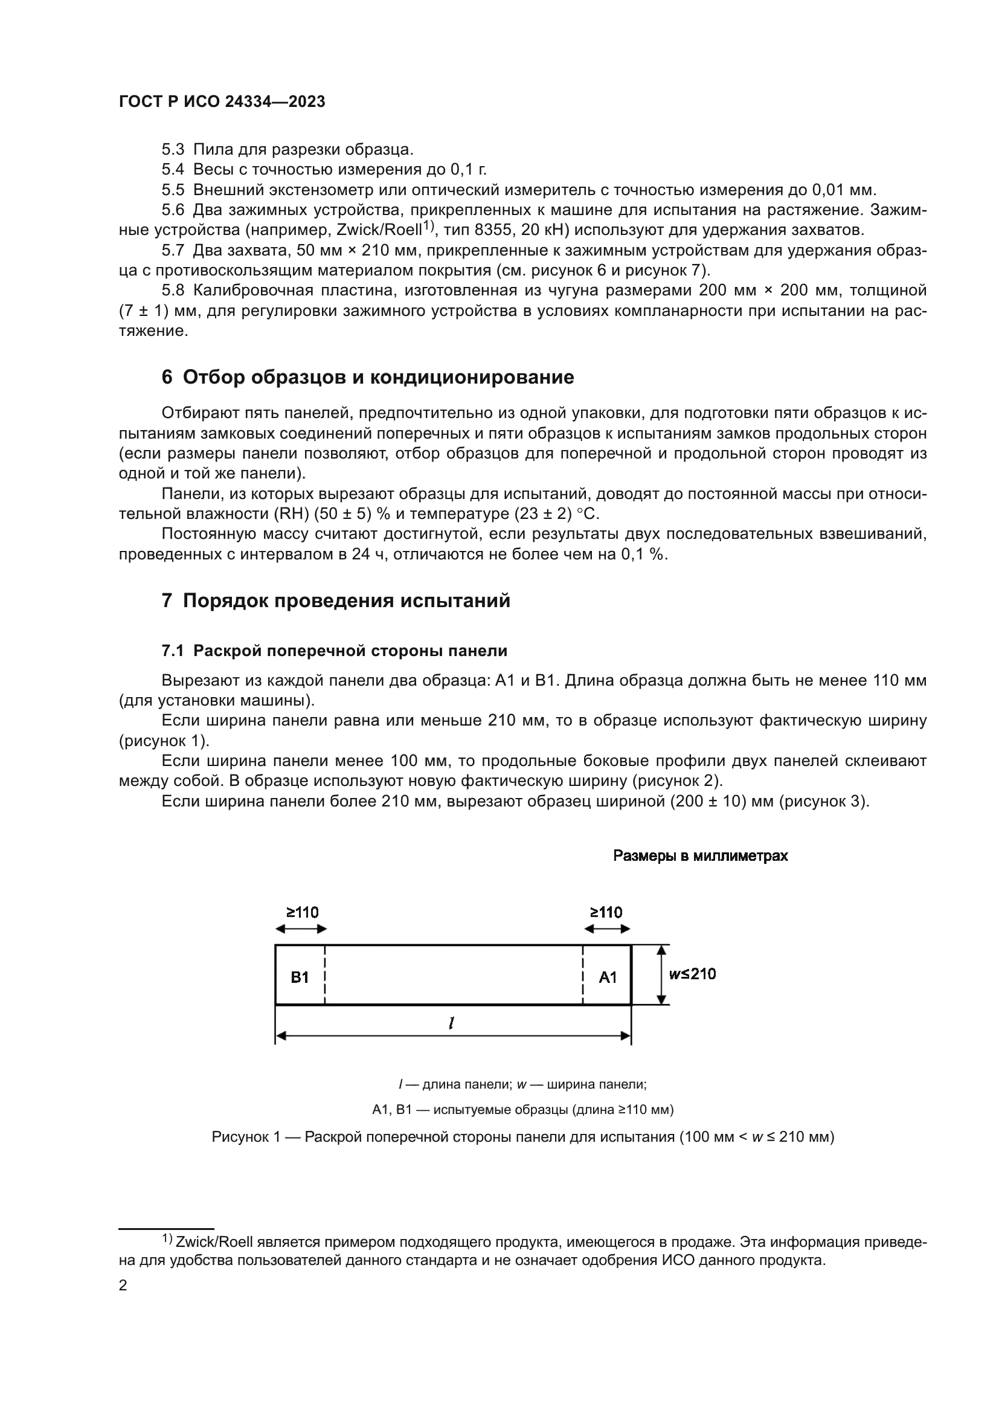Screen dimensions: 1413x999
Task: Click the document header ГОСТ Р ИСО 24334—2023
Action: (x=222, y=102)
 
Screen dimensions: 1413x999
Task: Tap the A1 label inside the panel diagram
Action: (x=608, y=978)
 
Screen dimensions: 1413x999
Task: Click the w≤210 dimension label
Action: (x=693, y=974)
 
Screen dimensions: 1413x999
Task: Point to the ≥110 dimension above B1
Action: (x=302, y=913)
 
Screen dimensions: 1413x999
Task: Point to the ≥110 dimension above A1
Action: (x=606, y=913)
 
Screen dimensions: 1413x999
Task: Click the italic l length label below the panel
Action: (x=452, y=1023)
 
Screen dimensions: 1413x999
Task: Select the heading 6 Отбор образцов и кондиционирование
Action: (x=368, y=377)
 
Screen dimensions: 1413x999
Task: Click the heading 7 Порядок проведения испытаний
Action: (x=336, y=600)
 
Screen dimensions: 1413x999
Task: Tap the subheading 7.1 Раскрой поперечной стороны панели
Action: (x=334, y=651)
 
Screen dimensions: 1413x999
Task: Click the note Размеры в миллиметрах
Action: (x=700, y=856)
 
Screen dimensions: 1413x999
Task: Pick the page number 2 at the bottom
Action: (x=123, y=1286)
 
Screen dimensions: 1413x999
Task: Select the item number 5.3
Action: (x=173, y=150)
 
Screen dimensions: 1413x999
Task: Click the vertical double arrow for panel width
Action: (x=661, y=975)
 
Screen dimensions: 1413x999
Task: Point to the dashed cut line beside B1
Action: (x=325, y=975)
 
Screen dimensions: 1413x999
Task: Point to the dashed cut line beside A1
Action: (x=582, y=975)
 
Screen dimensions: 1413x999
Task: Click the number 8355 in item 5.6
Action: (x=493, y=231)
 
